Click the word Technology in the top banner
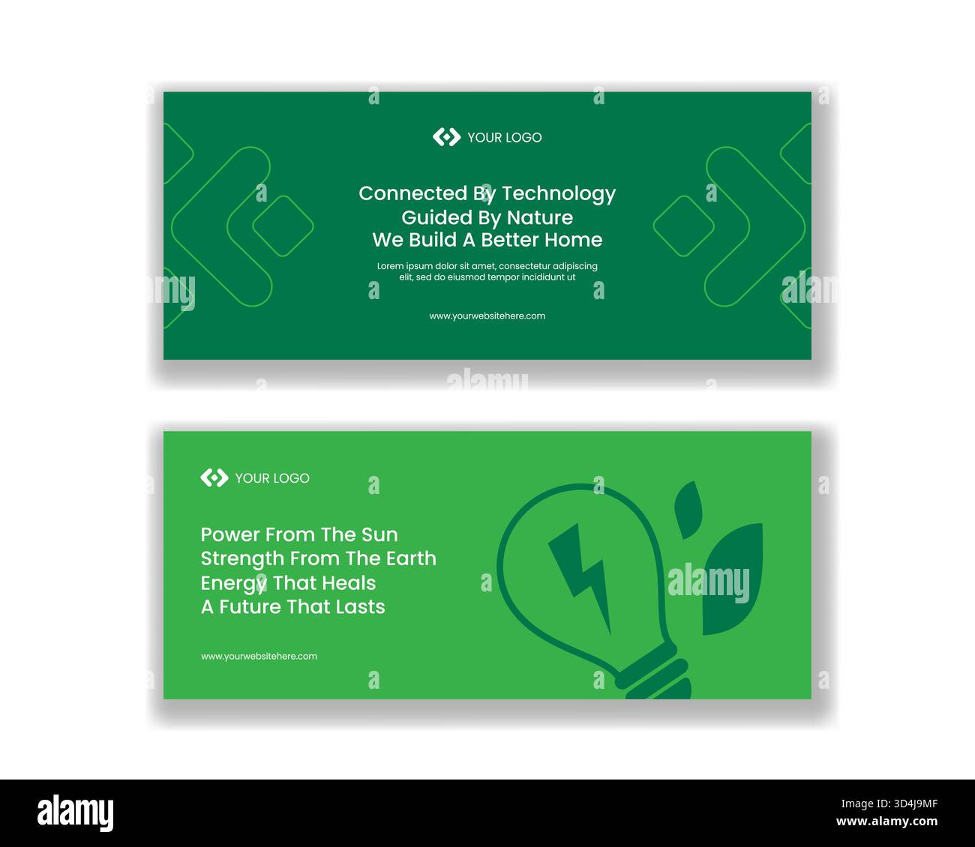pyautogui.click(x=559, y=194)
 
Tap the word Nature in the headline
pyautogui.click(x=540, y=217)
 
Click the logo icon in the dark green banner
pyautogui.click(x=446, y=137)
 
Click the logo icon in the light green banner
pyautogui.click(x=214, y=477)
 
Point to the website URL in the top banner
pyautogui.click(x=487, y=316)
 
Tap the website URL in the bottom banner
pyautogui.click(x=259, y=656)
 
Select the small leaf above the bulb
pyautogui.click(x=688, y=510)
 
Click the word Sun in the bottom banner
pyautogui.click(x=379, y=534)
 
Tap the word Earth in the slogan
pyautogui.click(x=411, y=558)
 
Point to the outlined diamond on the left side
pyautogui.click(x=283, y=226)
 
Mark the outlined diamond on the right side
pyautogui.click(x=684, y=226)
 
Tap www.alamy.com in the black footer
pyautogui.click(x=886, y=822)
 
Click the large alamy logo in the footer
pyautogui.click(x=75, y=813)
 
